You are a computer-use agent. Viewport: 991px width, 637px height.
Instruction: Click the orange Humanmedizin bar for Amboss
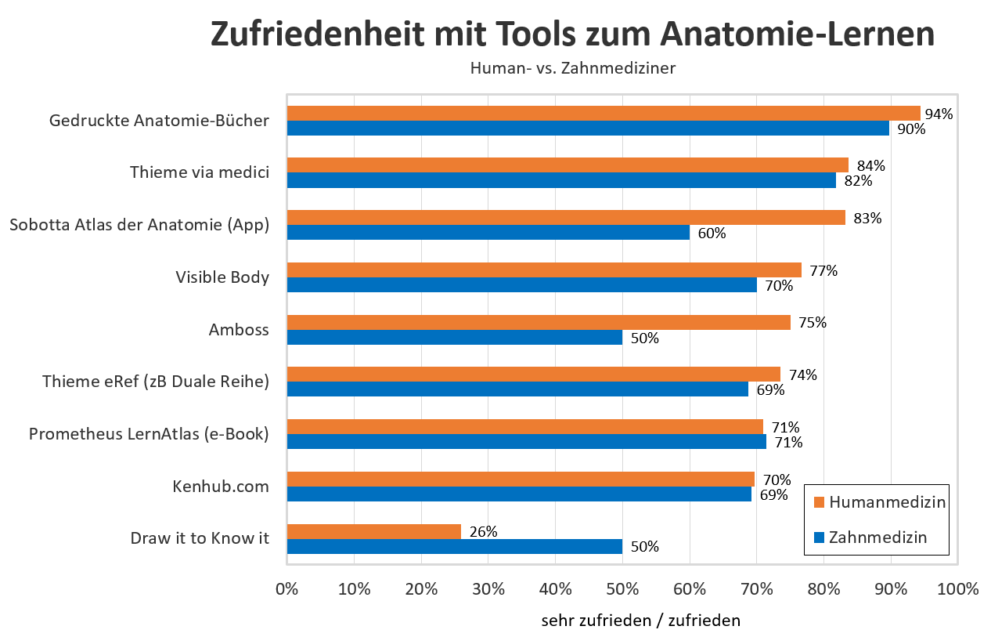(x=539, y=322)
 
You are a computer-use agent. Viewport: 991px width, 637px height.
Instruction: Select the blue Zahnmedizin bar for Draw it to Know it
(x=454, y=546)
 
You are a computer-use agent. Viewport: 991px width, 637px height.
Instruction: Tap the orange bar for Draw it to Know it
(x=374, y=531)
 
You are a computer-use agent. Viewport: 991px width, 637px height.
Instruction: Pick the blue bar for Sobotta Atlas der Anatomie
(x=488, y=233)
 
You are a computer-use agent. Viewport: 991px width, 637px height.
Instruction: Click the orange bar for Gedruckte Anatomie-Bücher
(x=603, y=113)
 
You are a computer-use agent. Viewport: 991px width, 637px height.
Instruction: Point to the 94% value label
(x=939, y=114)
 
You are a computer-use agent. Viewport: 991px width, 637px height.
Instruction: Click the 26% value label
(x=483, y=531)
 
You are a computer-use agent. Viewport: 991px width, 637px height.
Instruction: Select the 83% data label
(x=867, y=218)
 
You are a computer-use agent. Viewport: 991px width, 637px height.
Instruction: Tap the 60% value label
(x=712, y=233)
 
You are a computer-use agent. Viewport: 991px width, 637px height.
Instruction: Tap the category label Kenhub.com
(x=220, y=487)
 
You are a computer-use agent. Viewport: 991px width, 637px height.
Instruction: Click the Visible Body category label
(x=222, y=277)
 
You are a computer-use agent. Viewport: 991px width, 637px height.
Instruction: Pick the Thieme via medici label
(x=199, y=172)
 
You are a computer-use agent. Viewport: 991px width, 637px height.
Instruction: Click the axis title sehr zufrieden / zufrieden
(x=640, y=621)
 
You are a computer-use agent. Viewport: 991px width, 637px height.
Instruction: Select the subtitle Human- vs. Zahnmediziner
(x=572, y=68)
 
